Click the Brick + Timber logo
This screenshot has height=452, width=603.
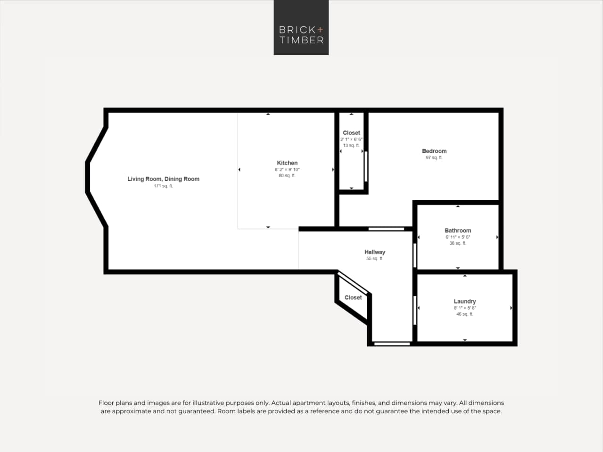pyautogui.click(x=301, y=27)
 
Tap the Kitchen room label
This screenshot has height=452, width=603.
pyautogui.click(x=287, y=163)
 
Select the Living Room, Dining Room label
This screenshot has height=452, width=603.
pyautogui.click(x=163, y=179)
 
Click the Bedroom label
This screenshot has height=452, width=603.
pyautogui.click(x=434, y=151)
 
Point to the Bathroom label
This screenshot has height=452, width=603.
pyautogui.click(x=458, y=230)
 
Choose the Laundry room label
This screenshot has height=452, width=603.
pyautogui.click(x=464, y=301)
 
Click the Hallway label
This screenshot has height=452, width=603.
pyautogui.click(x=374, y=252)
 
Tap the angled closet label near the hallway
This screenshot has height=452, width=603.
pyautogui.click(x=353, y=297)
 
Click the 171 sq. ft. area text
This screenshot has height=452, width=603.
pyautogui.click(x=163, y=186)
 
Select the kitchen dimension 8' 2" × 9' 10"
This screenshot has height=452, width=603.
pyautogui.click(x=287, y=169)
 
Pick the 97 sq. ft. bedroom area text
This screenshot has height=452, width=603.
pyautogui.click(x=434, y=158)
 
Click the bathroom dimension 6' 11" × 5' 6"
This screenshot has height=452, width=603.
pyautogui.click(x=458, y=237)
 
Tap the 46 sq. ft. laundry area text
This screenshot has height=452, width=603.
pyautogui.click(x=464, y=314)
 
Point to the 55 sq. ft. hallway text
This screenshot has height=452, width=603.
pyautogui.click(x=374, y=259)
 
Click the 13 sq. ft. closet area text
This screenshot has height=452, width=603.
pyautogui.click(x=351, y=146)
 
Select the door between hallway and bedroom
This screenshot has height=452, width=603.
pyautogui.click(x=386, y=229)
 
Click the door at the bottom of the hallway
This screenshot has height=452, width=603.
pyautogui.click(x=392, y=344)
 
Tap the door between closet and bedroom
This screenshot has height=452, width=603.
pyautogui.click(x=366, y=166)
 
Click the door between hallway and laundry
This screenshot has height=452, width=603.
pyautogui.click(x=415, y=310)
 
